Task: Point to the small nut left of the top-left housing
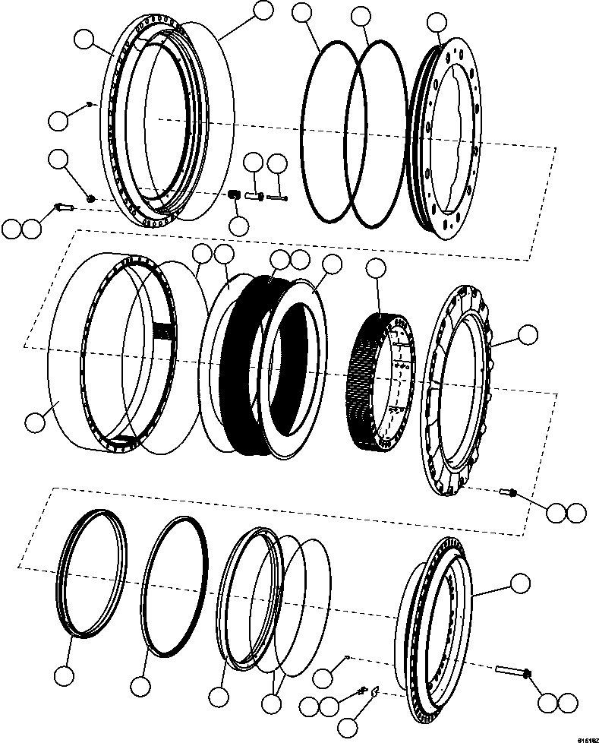click(x=90, y=198)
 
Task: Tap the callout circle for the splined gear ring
click(x=377, y=268)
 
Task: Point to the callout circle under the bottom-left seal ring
click(x=65, y=675)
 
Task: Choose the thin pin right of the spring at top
click(x=278, y=198)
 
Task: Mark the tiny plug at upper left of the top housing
click(x=90, y=103)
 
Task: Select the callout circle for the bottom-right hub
click(x=520, y=583)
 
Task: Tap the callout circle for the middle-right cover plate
click(x=527, y=334)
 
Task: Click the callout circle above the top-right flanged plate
click(x=437, y=23)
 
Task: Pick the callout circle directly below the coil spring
click(x=239, y=225)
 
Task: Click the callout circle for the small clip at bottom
click(x=350, y=726)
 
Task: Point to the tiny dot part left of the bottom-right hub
click(x=345, y=658)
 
